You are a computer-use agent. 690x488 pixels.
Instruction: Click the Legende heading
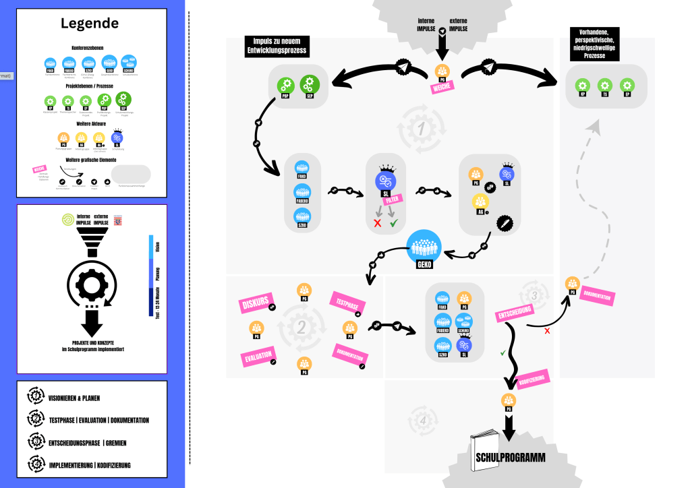90,24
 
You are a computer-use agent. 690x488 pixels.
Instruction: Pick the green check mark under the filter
394,222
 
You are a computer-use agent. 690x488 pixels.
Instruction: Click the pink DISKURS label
254,304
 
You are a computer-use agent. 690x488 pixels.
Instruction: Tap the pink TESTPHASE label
346,303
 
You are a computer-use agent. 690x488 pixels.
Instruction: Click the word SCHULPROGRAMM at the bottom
510,458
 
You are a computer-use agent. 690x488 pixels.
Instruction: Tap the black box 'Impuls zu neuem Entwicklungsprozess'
277,46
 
